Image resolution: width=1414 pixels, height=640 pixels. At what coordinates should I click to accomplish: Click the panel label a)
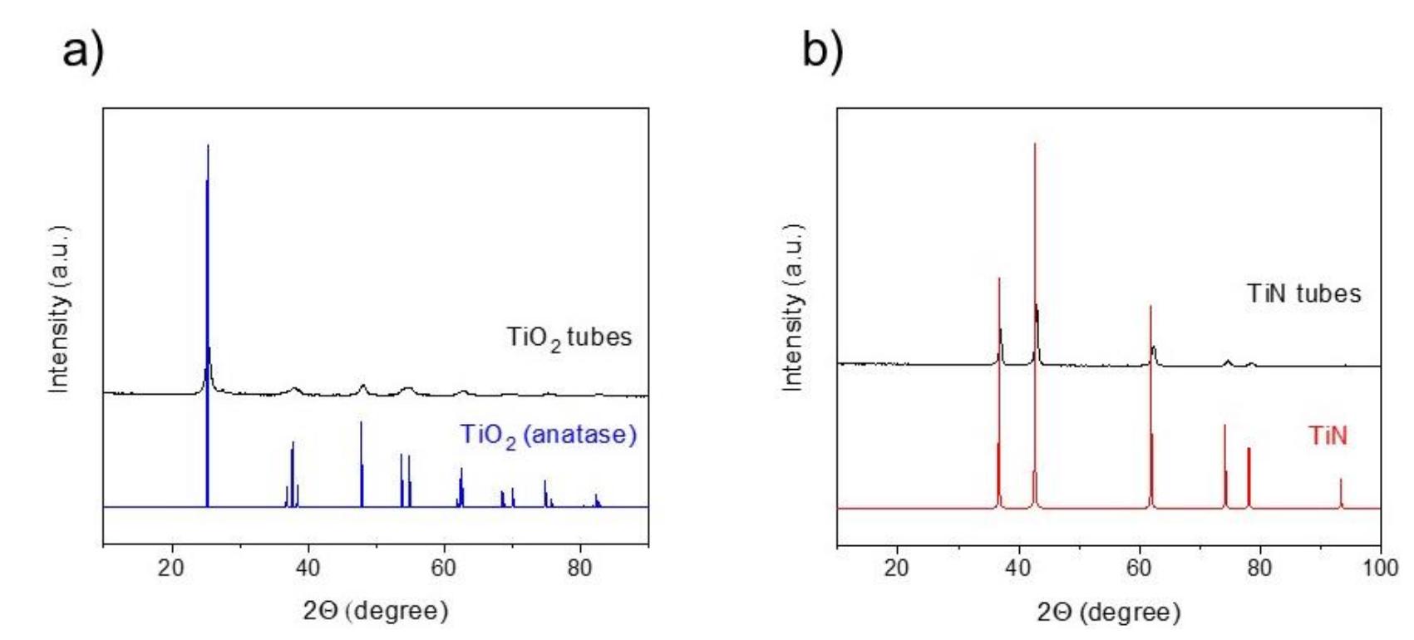[83, 52]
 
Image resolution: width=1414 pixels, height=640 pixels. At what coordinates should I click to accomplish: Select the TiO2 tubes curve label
[569, 337]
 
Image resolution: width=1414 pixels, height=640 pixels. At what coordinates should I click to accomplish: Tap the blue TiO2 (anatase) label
[549, 435]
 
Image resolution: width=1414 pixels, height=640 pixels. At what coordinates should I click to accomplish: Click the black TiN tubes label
[1303, 293]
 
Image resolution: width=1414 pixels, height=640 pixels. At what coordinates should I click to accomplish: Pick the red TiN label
[1328, 436]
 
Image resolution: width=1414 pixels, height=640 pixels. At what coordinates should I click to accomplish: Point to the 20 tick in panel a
[171, 568]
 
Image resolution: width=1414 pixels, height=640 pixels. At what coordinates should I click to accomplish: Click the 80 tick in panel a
[579, 568]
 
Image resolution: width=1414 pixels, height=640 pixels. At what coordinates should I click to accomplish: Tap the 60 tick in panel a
[443, 568]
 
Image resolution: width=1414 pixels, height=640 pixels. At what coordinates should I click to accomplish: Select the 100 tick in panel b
[1380, 568]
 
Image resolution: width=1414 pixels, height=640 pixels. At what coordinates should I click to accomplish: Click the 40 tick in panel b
[1017, 568]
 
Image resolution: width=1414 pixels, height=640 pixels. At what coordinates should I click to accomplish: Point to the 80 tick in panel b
[1259, 568]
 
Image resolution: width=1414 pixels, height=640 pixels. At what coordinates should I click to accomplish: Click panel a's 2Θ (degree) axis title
[376, 611]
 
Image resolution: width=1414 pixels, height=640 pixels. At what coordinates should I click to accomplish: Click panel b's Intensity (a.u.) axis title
[793, 308]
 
